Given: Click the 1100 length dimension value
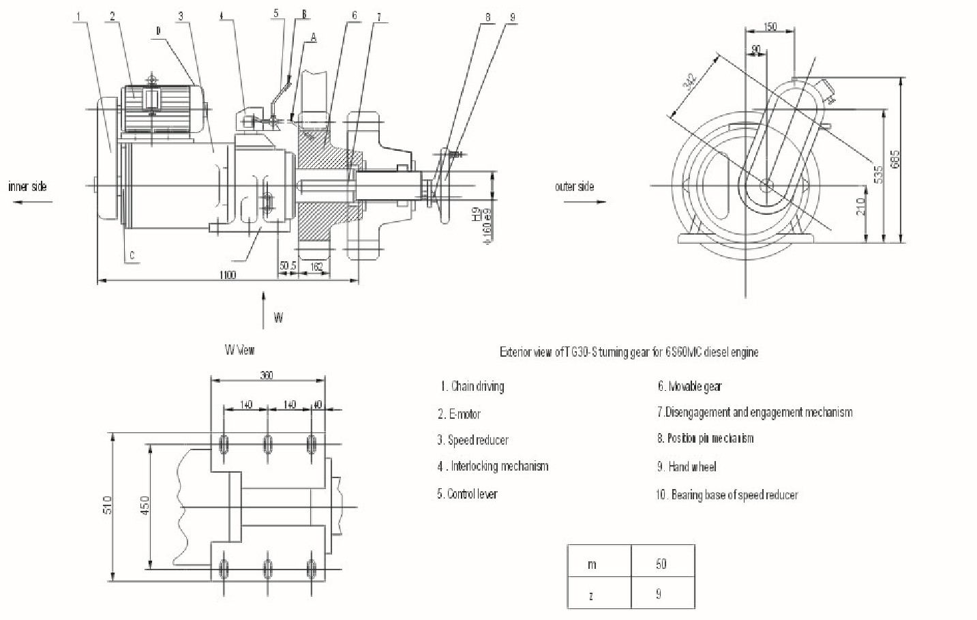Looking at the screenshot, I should [228, 275].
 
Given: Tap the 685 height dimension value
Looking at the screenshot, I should [896, 160].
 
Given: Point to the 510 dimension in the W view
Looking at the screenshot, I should [107, 505].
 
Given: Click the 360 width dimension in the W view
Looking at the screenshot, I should [267, 375].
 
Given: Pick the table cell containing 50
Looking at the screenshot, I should [661, 564].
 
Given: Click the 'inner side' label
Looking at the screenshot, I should [28, 186].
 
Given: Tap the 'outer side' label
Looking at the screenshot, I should [575, 186].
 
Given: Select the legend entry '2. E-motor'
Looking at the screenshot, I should [460, 414].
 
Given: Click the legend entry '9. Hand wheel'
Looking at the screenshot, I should [687, 467].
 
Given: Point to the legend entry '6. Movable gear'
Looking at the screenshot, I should [689, 387].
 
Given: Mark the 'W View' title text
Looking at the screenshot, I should [240, 350].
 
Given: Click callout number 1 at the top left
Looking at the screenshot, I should [80, 16].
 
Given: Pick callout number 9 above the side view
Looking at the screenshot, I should [512, 18].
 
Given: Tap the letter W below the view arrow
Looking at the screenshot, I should [278, 318].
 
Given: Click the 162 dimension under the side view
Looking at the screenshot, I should [316, 267].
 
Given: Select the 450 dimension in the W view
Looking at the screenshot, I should [145, 505].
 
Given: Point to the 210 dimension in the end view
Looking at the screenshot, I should [861, 205].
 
